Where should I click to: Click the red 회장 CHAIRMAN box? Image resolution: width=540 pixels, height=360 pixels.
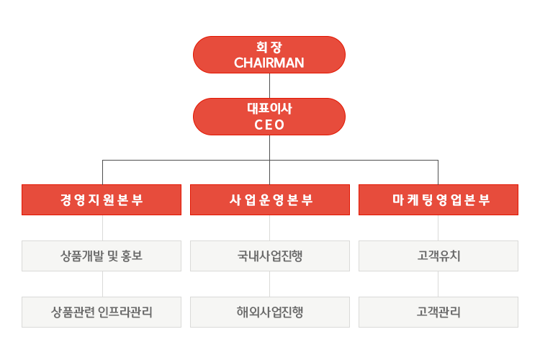[x=269, y=55]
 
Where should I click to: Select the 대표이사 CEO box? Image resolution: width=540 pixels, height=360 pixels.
[x=269, y=117]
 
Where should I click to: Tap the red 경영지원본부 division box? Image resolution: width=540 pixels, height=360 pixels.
[x=102, y=199]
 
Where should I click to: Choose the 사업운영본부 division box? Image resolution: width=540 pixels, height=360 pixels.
[x=269, y=199]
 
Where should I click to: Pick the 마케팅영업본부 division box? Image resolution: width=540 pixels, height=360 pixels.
[x=438, y=199]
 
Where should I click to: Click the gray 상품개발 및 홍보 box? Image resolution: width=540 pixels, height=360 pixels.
[x=102, y=256]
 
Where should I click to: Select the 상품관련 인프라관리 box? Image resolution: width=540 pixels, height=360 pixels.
[x=102, y=312]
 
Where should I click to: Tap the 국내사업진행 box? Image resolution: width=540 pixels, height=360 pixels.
[x=269, y=256]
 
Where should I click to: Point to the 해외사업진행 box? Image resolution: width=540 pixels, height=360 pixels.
[x=269, y=312]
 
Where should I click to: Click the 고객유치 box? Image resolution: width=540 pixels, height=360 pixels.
[x=438, y=256]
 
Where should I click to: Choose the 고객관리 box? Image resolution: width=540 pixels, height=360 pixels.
[x=438, y=312]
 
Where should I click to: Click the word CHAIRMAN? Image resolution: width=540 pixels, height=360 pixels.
[x=269, y=63]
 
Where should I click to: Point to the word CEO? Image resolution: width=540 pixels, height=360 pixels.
[x=269, y=125]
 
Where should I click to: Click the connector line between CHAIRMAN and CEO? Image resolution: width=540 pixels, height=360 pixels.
[x=269, y=86]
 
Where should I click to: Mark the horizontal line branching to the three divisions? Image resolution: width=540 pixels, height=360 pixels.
[x=187, y=159]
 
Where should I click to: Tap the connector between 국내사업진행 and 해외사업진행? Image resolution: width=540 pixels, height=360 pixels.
[x=269, y=284]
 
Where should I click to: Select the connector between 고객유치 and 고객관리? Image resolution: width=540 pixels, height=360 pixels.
[x=438, y=284]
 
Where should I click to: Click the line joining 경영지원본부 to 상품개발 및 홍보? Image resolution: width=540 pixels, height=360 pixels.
[x=102, y=228]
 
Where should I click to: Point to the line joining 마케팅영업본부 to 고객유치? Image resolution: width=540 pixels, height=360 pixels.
[x=438, y=228]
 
